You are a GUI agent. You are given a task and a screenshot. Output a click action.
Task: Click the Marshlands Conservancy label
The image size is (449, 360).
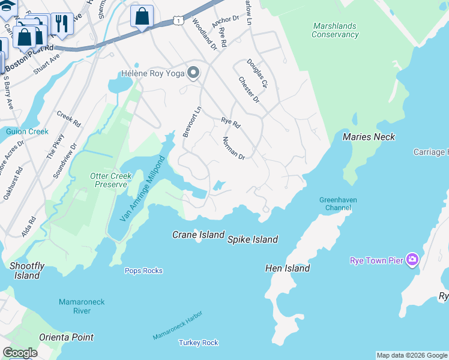pos(335,31)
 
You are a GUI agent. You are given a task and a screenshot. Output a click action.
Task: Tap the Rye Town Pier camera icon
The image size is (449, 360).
pos(412,260)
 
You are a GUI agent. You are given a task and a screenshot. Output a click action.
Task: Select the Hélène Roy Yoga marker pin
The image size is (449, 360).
pos(193,73)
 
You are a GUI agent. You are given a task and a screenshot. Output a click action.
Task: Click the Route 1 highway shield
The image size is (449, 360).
pos(178,21)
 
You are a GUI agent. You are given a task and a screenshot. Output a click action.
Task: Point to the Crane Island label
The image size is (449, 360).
pos(198,235)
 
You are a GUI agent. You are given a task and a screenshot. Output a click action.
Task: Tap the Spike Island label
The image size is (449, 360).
pos(252,239)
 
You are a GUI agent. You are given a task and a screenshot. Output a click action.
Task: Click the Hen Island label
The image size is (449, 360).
pos(288,268)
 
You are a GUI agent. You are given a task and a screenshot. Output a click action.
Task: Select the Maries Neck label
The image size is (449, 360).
pos(369,137)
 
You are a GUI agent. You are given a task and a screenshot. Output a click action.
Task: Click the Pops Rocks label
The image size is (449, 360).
pos(143,271)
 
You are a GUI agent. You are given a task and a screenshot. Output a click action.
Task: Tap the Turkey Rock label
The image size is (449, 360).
pos(198,343)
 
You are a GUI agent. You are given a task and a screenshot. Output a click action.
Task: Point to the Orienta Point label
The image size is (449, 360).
pos(66,337)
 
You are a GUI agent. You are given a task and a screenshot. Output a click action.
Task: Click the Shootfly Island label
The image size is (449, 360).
pos(27,271)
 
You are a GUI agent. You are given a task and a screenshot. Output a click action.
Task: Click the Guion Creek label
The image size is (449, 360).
pos(27,131)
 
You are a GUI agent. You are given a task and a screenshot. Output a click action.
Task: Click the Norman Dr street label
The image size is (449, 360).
pos(234,148)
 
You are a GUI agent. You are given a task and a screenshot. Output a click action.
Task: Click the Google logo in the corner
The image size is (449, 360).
pos(20,353)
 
